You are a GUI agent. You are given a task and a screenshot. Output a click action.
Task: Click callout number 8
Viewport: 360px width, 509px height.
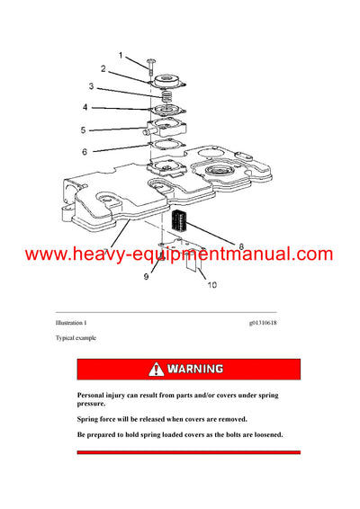[x=241, y=244]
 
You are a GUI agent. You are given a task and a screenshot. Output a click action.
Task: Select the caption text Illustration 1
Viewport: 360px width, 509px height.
[x=71, y=321]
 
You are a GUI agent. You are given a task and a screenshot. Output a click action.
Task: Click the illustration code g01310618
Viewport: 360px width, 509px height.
[x=265, y=321]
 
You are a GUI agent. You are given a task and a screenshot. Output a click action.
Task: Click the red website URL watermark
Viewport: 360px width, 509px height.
[x=179, y=254]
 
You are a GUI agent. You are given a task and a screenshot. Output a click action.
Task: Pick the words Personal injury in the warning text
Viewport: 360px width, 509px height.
[x=104, y=395]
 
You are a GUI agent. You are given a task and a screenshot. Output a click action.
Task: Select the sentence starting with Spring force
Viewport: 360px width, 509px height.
[x=161, y=419]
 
